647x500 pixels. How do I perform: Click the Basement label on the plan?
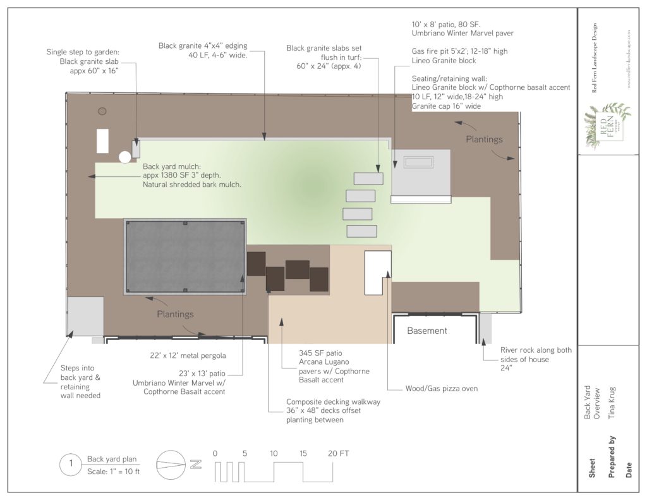426,331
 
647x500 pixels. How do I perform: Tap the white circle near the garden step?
125,157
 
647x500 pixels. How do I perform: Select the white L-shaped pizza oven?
377,271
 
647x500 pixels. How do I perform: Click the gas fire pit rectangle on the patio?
419,162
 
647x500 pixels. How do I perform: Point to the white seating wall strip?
421,199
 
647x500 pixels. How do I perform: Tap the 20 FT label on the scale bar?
338,453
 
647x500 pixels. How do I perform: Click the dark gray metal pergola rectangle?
185,257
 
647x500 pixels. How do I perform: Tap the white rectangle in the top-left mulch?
102,140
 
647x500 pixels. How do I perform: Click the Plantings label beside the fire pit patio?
484,139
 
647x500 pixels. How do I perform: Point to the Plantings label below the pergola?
175,314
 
